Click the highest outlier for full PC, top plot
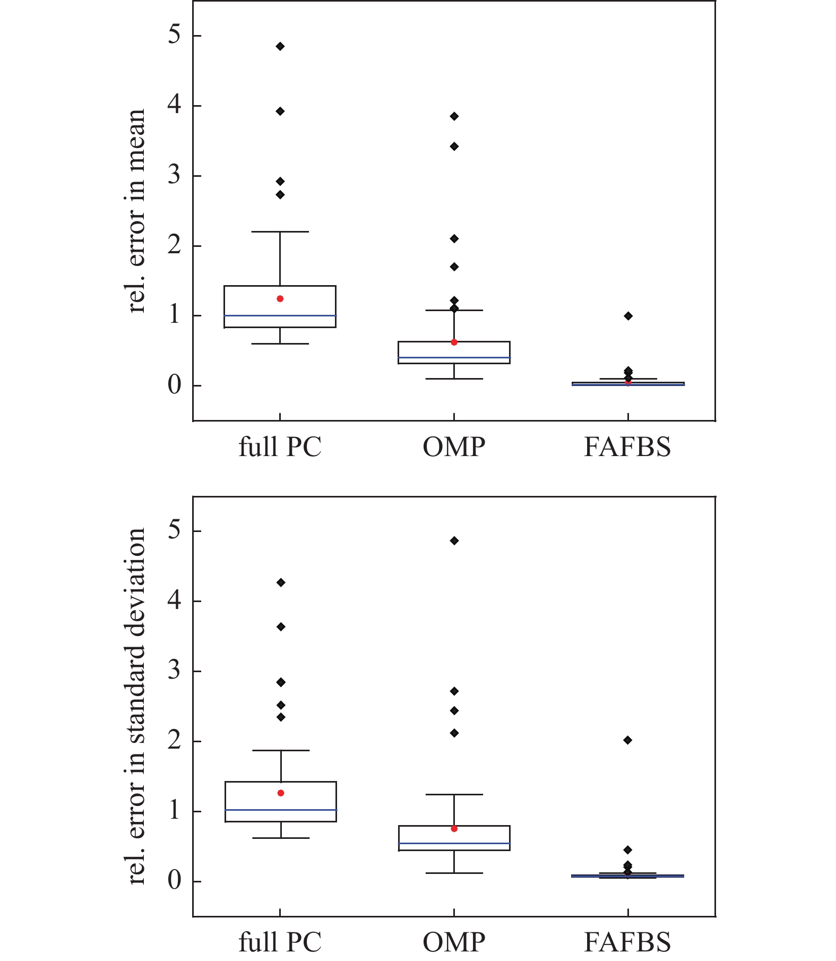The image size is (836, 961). point(280,47)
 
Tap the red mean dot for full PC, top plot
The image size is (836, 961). point(280,299)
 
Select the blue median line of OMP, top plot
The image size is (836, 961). point(454,358)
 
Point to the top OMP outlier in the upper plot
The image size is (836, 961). point(454,116)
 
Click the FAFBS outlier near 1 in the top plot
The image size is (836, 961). point(628,316)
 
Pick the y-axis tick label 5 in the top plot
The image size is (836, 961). point(174,35)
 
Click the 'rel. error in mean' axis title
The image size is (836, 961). point(136,211)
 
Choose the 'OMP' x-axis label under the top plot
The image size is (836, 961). point(454,447)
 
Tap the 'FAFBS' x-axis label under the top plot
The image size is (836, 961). point(627,447)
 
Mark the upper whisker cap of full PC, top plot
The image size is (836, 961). point(280,231)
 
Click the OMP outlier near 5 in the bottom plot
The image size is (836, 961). point(454,541)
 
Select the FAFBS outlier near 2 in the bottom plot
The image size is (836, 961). point(628,740)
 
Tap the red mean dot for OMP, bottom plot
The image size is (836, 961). point(454,829)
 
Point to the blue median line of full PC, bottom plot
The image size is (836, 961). point(280,810)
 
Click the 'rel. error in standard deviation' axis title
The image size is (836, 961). point(136,706)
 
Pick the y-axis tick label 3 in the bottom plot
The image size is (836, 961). point(174,671)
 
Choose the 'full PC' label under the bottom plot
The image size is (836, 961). point(280,942)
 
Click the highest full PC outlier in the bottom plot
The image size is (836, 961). point(281,582)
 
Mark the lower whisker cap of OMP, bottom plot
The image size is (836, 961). point(454,873)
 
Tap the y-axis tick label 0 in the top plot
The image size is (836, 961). point(174,385)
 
